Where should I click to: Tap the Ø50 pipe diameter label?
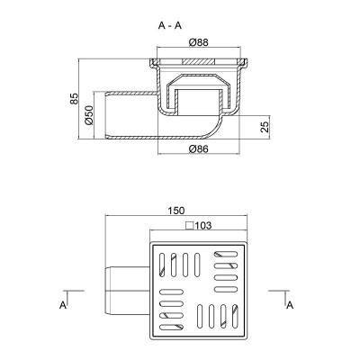(89, 114)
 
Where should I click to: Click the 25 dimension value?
(264, 125)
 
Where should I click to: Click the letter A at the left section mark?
(64, 306)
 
